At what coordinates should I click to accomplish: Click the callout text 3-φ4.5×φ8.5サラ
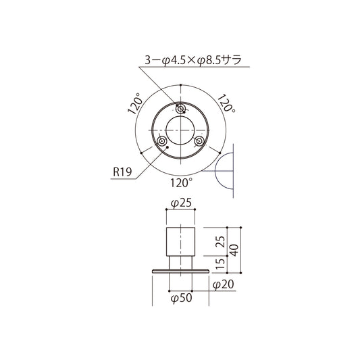(194, 60)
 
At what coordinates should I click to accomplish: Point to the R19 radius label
(122, 172)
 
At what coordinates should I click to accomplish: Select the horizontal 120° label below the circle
(181, 182)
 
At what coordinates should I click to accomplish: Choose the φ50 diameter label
(180, 297)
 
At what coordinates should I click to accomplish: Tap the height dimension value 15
(220, 263)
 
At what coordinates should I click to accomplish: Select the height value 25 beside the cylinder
(220, 240)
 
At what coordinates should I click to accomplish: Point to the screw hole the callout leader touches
(180, 109)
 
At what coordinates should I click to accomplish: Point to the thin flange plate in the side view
(180, 272)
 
